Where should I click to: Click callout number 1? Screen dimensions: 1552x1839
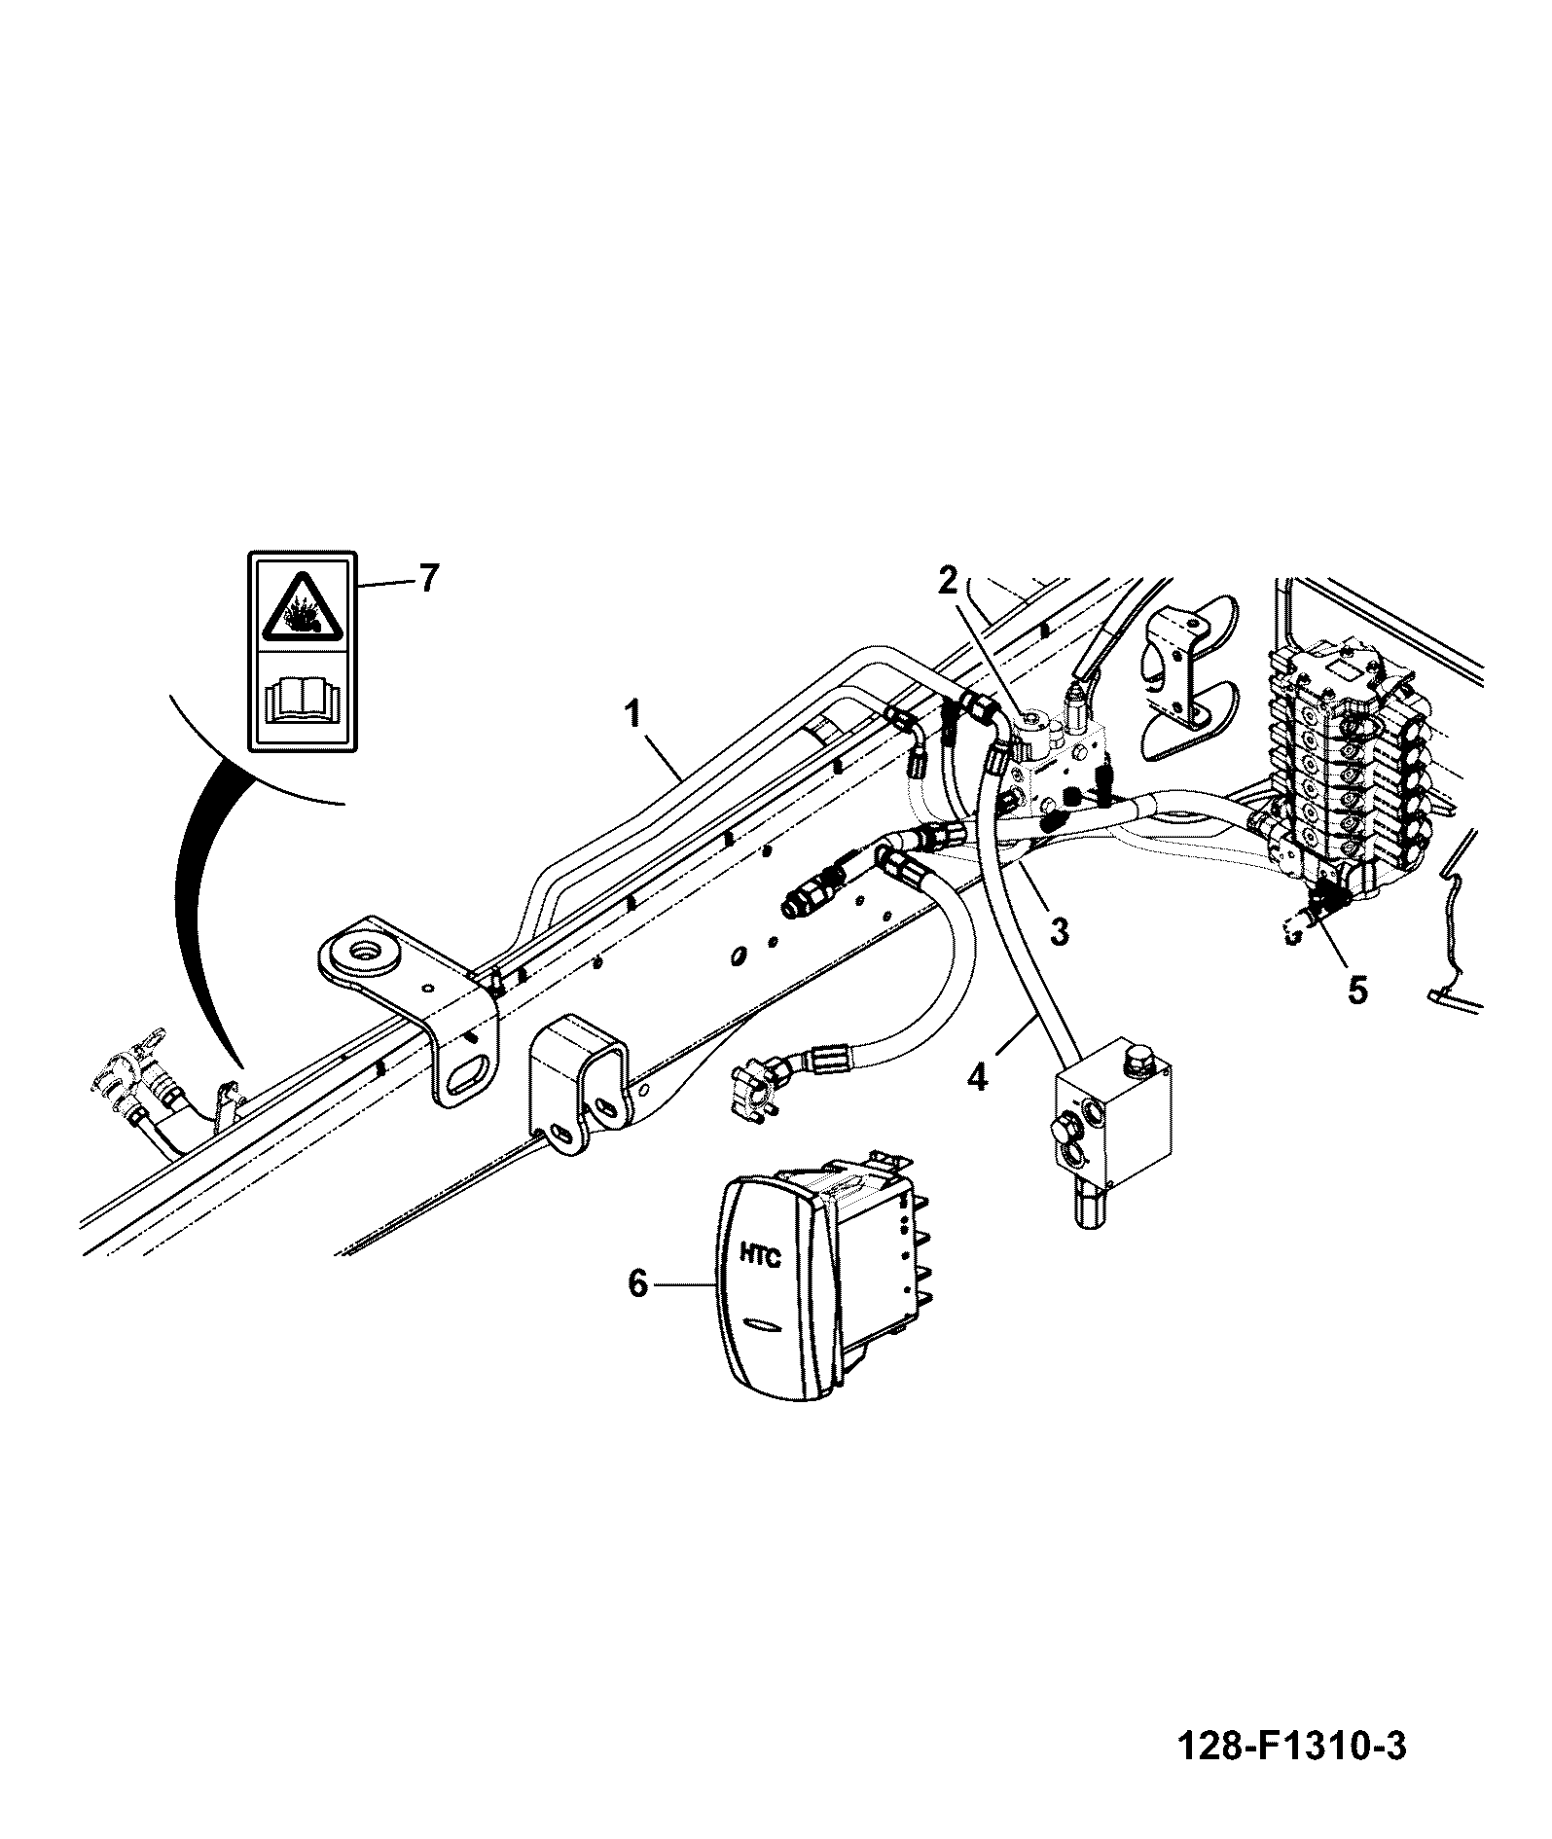pyautogui.click(x=632, y=715)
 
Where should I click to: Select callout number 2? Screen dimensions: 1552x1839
pyautogui.click(x=949, y=581)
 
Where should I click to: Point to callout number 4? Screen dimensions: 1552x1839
pyautogui.click(x=978, y=1077)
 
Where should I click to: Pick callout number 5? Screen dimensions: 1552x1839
pyautogui.click(x=1357, y=990)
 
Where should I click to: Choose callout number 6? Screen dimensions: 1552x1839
pyautogui.click(x=637, y=1283)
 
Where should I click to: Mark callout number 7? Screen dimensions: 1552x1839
pyautogui.click(x=429, y=580)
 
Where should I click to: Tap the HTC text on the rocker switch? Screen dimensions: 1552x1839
pyautogui.click(x=760, y=1256)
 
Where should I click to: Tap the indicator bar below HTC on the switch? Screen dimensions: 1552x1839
pyautogui.click(x=760, y=1324)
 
